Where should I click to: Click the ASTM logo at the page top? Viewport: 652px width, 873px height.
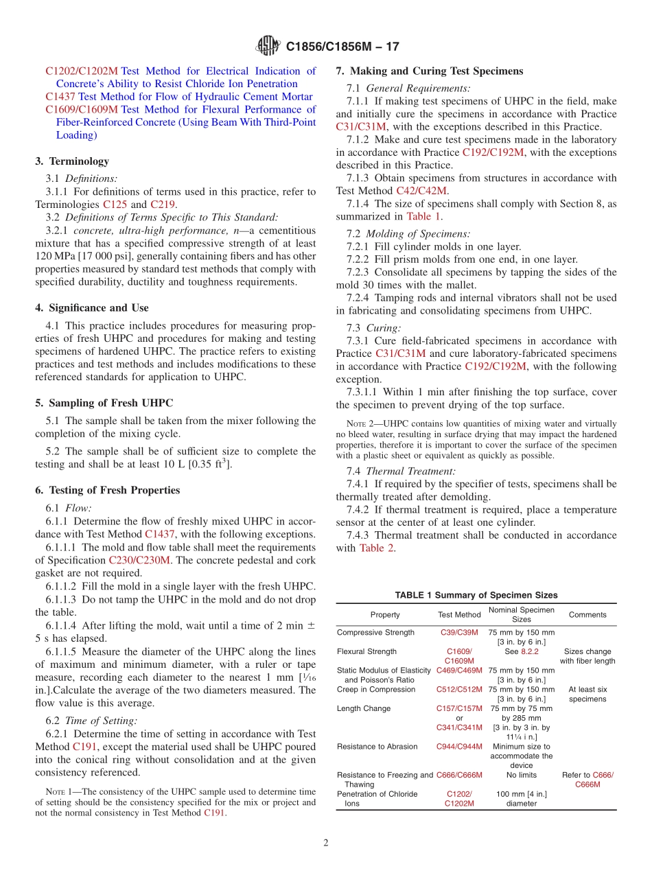268,46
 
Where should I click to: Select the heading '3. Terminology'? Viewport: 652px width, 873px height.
72,161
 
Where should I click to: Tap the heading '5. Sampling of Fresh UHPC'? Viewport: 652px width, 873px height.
104,403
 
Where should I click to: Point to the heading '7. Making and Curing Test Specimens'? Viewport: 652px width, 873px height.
429,71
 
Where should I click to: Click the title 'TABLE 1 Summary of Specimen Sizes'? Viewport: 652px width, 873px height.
476,595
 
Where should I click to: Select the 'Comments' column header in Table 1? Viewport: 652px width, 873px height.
587,615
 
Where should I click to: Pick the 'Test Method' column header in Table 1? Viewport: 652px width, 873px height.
459,615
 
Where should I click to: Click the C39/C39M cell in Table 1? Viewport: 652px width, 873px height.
459,632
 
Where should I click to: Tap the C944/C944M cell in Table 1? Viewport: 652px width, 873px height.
459,746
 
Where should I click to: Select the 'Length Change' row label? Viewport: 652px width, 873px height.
364,708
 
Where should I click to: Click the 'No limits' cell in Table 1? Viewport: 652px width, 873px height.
521,775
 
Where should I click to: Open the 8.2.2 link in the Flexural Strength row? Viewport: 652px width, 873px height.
529,651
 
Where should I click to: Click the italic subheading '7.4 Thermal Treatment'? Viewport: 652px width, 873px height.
410,471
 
